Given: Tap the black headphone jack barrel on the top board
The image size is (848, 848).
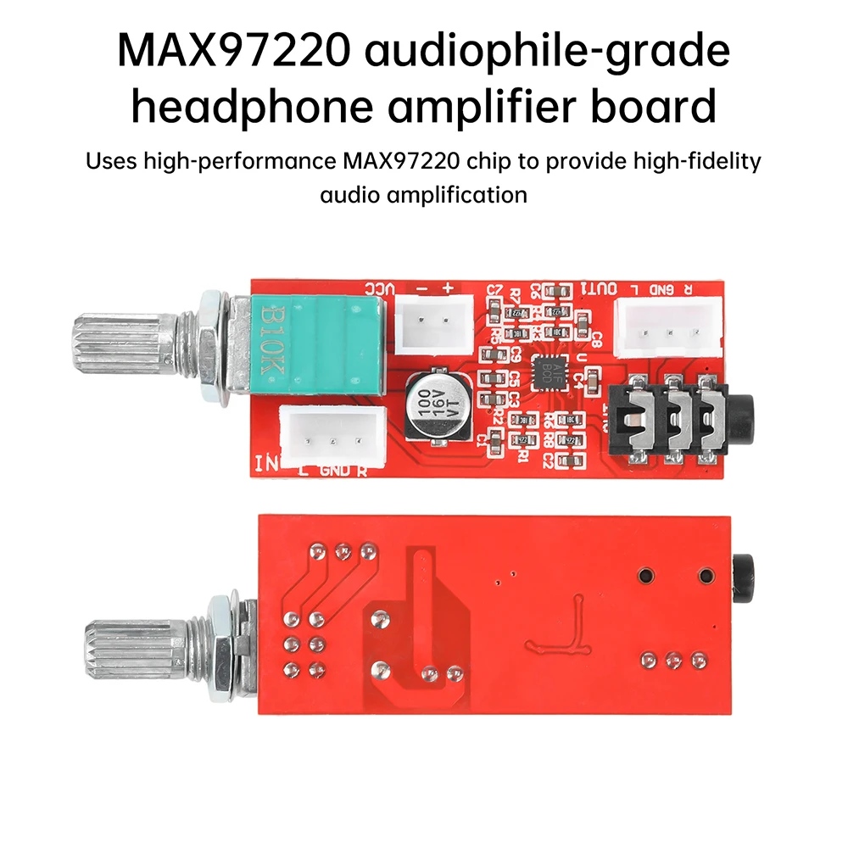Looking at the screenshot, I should (x=745, y=421).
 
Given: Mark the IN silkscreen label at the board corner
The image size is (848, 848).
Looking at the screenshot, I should (x=265, y=462).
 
